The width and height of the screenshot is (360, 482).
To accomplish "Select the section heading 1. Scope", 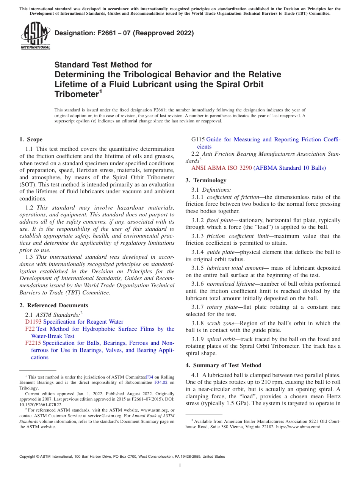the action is pyautogui.click(x=31, y=139).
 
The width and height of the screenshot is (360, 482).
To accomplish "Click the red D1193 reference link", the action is pyautogui.click(x=33, y=322).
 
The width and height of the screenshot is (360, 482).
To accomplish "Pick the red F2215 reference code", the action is pyautogui.click(x=33, y=343).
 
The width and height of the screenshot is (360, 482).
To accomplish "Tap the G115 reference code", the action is pyautogui.click(x=199, y=139).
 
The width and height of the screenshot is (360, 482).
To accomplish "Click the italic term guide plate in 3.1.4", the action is pyautogui.click(x=221, y=252).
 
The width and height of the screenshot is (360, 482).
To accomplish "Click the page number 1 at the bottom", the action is pyautogui.click(x=180, y=466).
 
